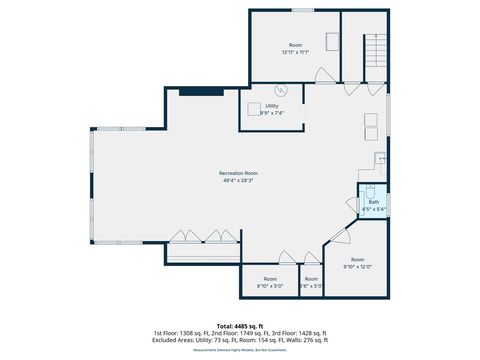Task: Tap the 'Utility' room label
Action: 272,105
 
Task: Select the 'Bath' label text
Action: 374,202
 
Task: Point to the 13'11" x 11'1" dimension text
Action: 296,52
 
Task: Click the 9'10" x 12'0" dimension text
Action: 358,267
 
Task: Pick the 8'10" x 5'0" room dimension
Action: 270,285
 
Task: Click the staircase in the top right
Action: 374,48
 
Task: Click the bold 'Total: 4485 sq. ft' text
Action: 240,326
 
